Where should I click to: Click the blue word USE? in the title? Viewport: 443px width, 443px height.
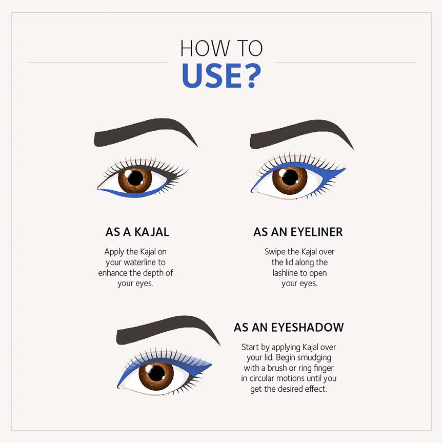[x=221, y=76]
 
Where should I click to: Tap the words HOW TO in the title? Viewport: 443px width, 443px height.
[x=221, y=48]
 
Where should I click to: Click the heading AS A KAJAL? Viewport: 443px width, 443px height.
[x=137, y=232]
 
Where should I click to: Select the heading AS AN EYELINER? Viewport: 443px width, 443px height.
[x=298, y=232]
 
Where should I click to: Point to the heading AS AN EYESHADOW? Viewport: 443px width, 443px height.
[x=289, y=328]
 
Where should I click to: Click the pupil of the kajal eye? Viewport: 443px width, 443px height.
[x=135, y=178]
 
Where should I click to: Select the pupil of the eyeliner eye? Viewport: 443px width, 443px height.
[x=290, y=177]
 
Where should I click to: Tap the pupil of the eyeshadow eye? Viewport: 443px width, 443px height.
[x=156, y=373]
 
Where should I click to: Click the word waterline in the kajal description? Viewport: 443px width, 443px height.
[x=140, y=262]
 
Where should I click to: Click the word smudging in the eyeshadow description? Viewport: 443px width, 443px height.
[x=314, y=358]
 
